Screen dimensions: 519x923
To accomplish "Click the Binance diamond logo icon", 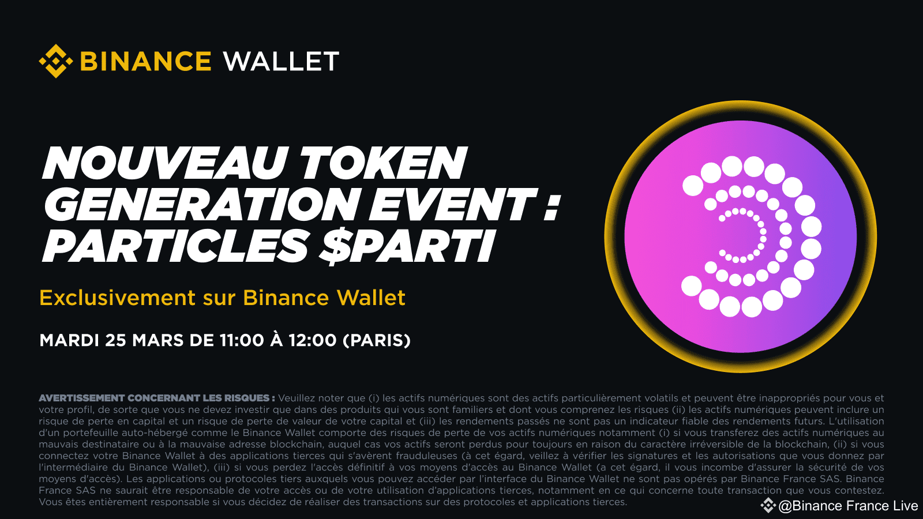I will pos(55,61).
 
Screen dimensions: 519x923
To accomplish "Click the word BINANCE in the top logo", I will pos(145,62).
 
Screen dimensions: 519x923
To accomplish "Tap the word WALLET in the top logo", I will pos(281,62).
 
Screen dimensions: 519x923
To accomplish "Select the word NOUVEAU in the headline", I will pos(165,163).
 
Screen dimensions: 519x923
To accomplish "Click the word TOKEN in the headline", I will pos(383,163).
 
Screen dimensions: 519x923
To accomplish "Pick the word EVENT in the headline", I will pos(452,205).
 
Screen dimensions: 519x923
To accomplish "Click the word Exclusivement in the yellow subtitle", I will pos(118,298).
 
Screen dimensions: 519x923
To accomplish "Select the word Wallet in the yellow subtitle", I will pos(371,298).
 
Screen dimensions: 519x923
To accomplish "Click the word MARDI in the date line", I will pos(69,340).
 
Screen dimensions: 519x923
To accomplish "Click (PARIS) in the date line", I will pos(377,340).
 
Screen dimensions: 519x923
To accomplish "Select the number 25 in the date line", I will pos(115,340).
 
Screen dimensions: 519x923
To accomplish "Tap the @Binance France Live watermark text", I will pos(848,506).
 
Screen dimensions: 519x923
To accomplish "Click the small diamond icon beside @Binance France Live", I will pos(768,506).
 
